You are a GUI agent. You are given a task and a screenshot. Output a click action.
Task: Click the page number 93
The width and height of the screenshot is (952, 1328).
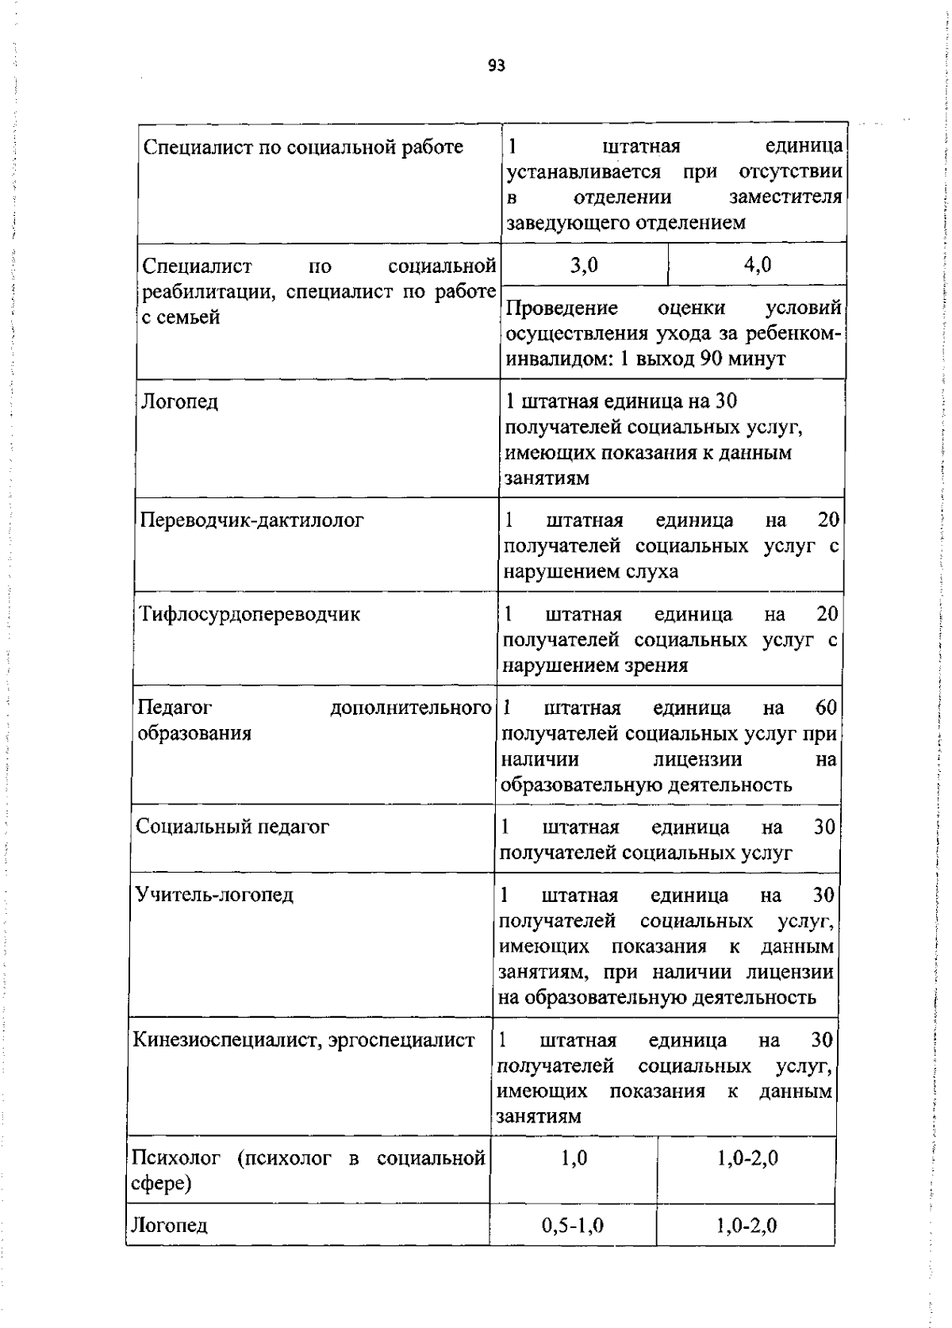coord(497,66)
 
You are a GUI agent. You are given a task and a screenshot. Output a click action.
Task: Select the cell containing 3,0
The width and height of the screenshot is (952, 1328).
coord(584,265)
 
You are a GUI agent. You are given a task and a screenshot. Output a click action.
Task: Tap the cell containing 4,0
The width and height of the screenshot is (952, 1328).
coord(758,265)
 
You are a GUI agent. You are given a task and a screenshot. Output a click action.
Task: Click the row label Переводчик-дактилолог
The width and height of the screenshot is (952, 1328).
coord(252,520)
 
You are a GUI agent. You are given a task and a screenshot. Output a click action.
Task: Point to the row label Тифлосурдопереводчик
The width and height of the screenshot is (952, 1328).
coord(250,614)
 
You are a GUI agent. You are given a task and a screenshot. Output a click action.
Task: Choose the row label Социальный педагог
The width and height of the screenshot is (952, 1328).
coord(232,827)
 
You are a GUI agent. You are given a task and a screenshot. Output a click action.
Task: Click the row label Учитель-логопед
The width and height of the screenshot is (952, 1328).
coord(214,895)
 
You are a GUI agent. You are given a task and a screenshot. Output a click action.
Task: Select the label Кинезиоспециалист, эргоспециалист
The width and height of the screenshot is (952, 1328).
coord(304,1040)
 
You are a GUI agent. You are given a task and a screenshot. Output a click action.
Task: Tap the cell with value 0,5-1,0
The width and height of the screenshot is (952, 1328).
coord(573,1226)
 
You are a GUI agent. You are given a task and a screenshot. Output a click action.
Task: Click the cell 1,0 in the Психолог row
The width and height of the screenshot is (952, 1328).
coord(574,1158)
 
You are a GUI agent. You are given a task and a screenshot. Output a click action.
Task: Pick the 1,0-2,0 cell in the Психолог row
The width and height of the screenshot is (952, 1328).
coord(747,1158)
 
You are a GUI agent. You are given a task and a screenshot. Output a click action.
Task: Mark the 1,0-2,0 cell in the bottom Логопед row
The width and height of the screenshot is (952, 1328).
coord(746,1226)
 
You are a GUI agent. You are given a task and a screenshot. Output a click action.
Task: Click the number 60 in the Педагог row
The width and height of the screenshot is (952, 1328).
coord(825,708)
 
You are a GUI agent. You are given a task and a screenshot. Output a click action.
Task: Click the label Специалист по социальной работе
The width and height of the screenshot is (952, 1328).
coord(302,148)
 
